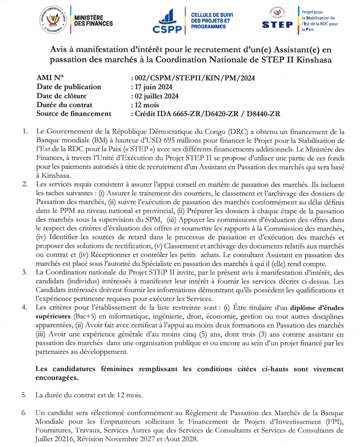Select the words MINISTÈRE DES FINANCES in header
pyautogui.click(x=94, y=20)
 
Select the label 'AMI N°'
pyautogui.click(x=51, y=77)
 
